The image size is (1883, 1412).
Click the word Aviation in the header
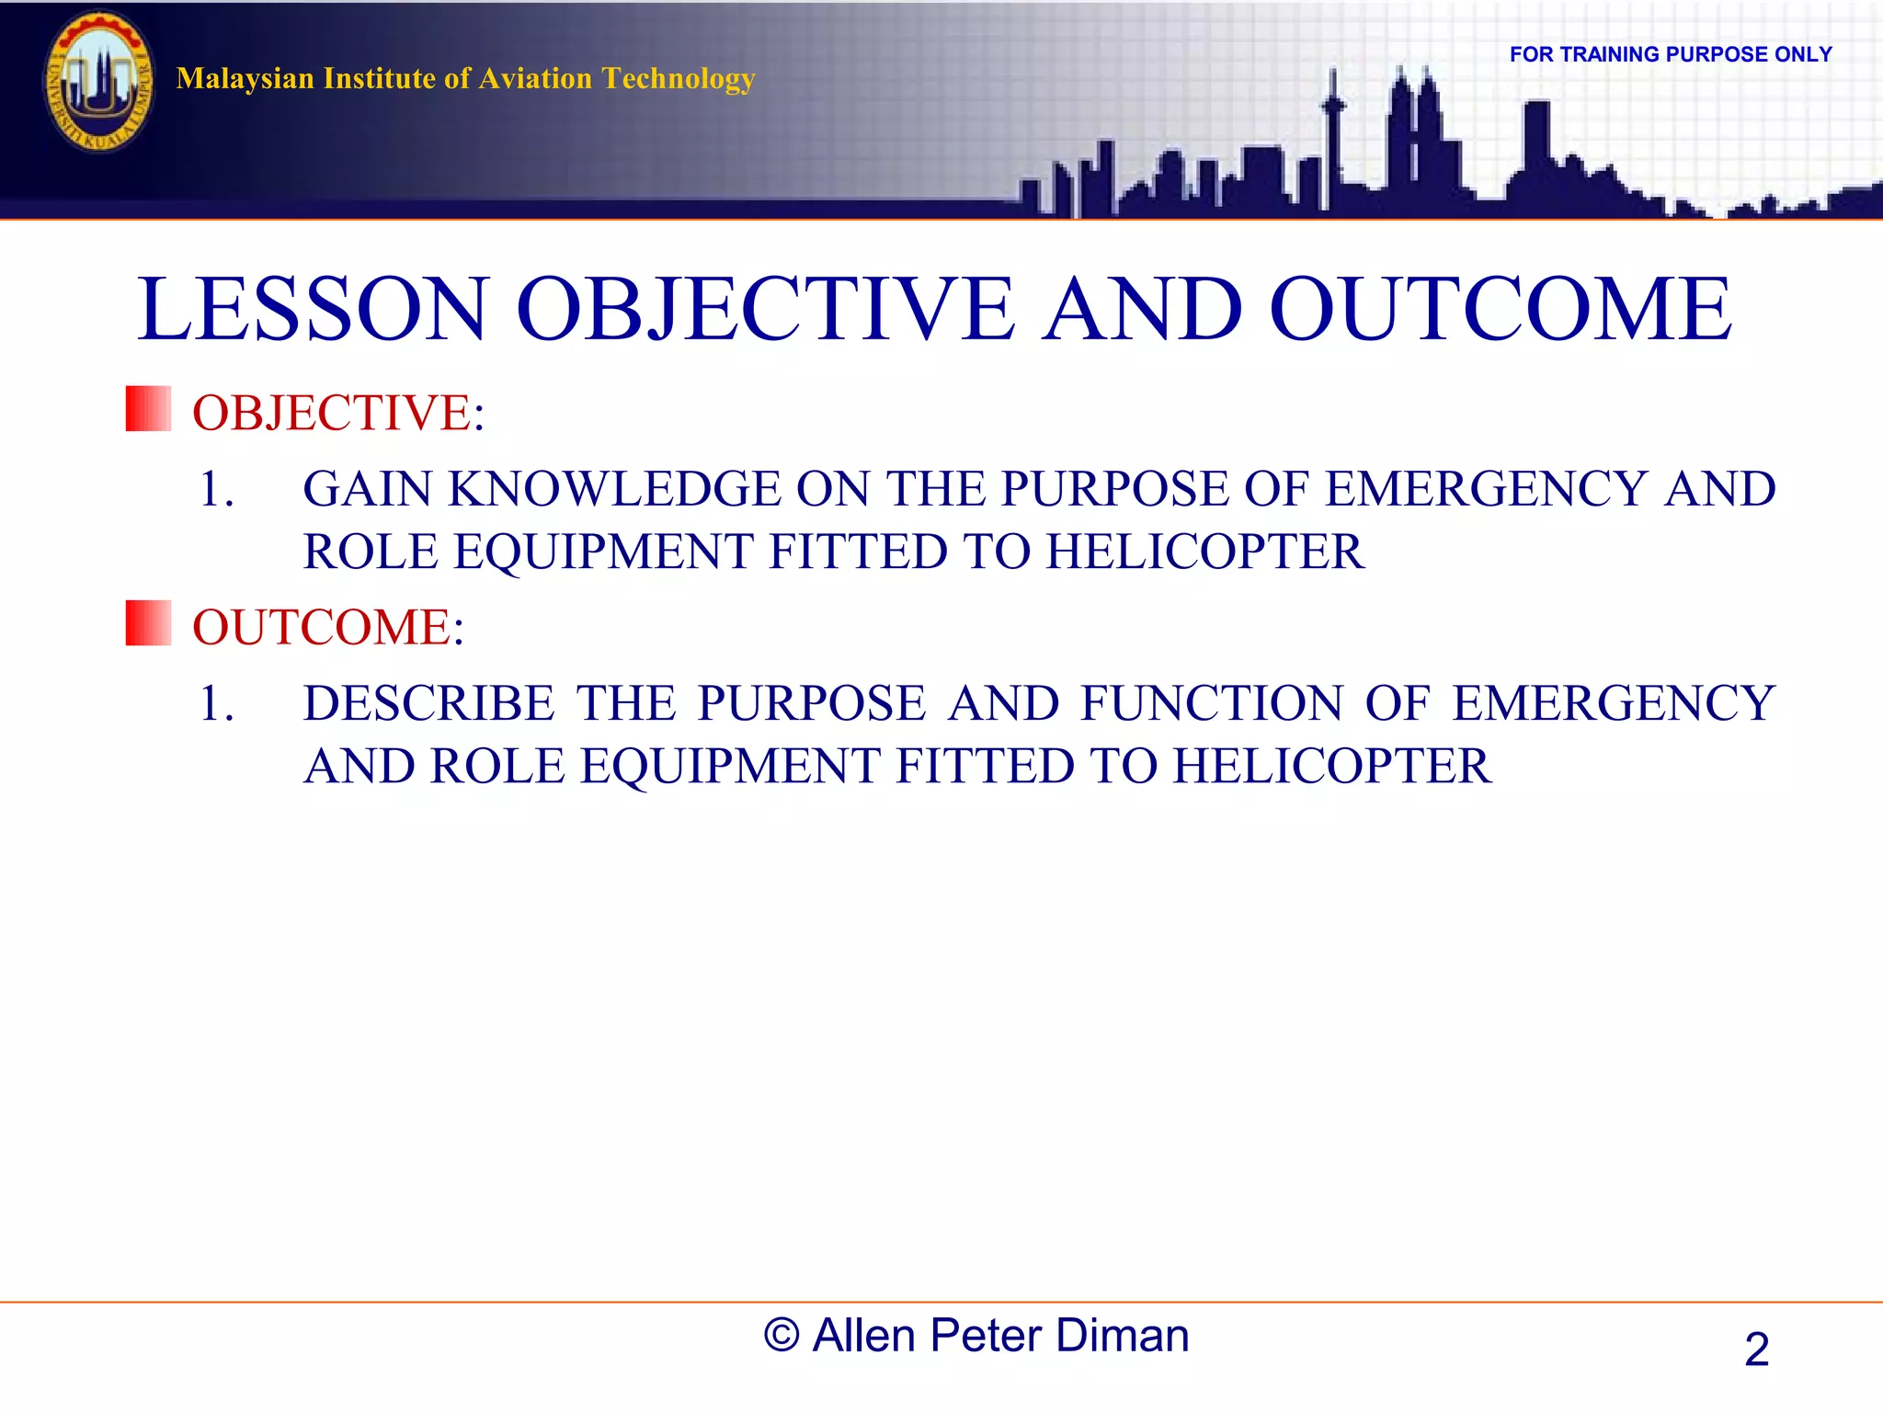click(535, 79)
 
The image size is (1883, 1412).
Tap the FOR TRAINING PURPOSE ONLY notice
click(1670, 54)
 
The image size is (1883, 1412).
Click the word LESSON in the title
click(313, 310)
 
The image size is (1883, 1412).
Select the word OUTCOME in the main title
click(1501, 310)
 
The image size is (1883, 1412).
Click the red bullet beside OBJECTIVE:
click(148, 409)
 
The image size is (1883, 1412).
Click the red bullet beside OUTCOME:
click(148, 623)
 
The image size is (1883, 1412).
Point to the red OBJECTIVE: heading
click(337, 413)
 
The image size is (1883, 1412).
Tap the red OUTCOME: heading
click(327, 627)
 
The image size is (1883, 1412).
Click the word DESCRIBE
click(428, 704)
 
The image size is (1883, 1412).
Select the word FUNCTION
click(1213, 704)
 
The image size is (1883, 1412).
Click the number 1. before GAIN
click(216, 489)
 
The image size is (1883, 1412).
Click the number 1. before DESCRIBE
click(216, 704)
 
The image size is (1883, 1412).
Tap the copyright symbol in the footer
click(781, 1336)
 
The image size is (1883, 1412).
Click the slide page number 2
click(1756, 1349)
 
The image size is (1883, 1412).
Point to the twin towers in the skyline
click(1414, 129)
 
